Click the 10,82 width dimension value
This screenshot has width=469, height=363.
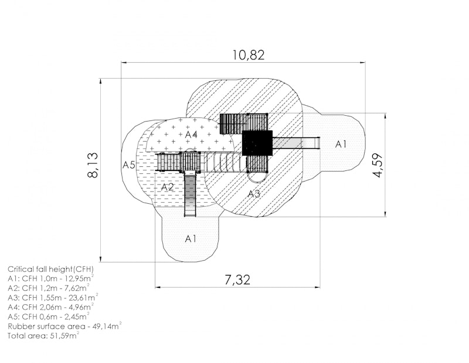coord(249,55)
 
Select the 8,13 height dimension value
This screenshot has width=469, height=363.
coord(93,166)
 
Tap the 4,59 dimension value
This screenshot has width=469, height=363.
coord(378,166)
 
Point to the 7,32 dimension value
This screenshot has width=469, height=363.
coord(237,280)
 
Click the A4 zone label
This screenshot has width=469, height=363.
coord(191,135)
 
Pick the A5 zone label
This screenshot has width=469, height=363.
coord(129,164)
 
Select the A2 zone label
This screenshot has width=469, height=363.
coord(167,187)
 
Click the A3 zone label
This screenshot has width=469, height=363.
coord(254,194)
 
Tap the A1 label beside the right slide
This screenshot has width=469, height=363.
coord(341,144)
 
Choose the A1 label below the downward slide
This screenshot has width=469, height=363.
coord(191,238)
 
